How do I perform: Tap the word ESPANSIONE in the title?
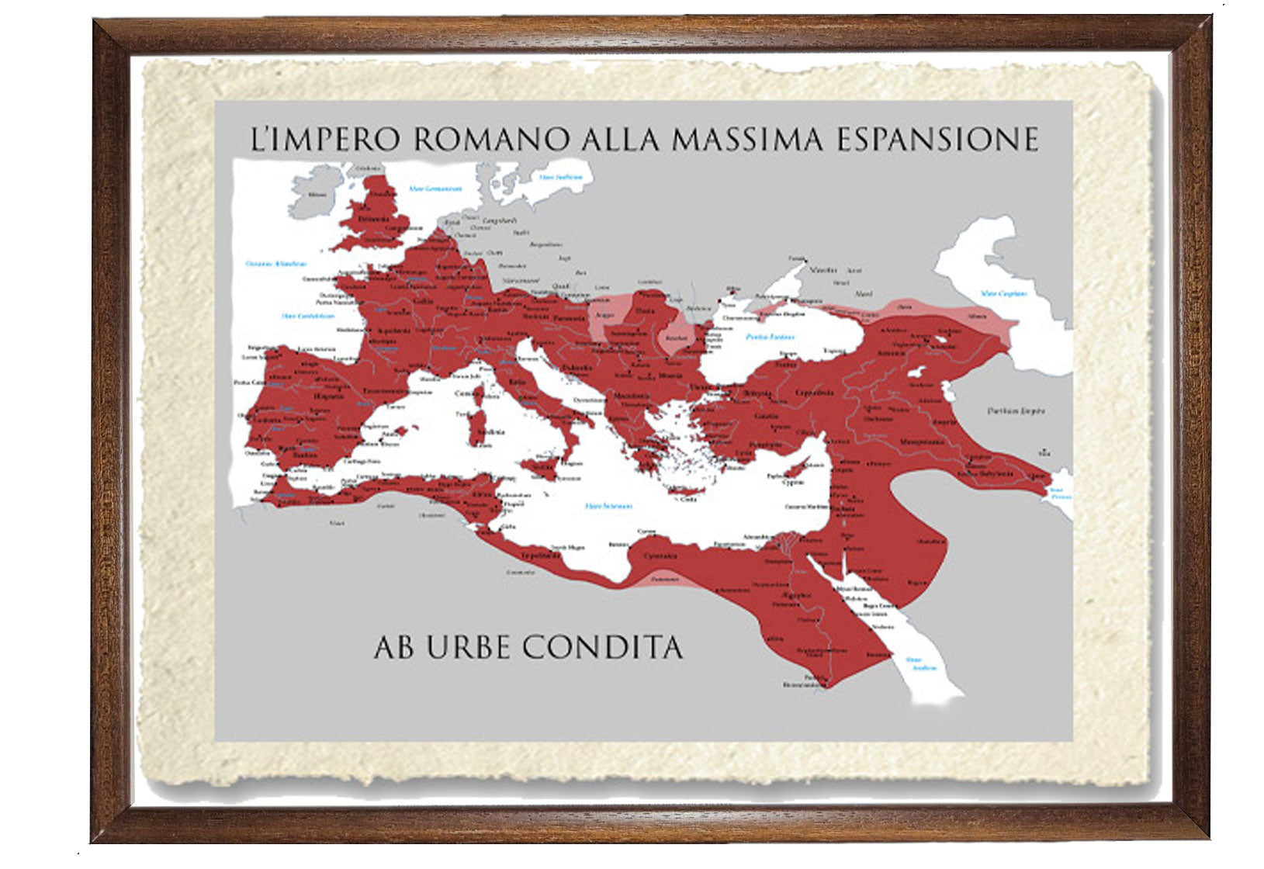tap(938, 139)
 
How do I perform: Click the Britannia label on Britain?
tap(372, 220)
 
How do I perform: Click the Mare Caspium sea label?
tap(1003, 294)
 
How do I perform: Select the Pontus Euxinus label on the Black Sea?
tap(771, 338)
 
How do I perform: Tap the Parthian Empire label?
tap(1016, 410)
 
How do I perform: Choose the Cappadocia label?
tap(818, 393)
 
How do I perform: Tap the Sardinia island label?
tap(490, 432)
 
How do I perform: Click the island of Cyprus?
tap(792, 473)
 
